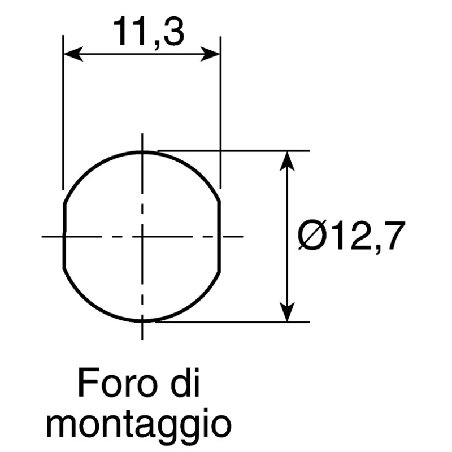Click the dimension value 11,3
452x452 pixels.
[149, 32]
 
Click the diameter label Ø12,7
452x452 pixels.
[351, 236]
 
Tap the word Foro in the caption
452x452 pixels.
[119, 383]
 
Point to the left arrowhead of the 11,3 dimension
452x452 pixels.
[73, 54]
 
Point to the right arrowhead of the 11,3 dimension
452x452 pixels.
[210, 54]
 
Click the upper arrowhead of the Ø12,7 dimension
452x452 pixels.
[287, 161]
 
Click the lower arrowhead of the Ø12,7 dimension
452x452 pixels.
[287, 312]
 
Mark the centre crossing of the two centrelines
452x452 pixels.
[142, 237]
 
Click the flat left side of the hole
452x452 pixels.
[64, 236]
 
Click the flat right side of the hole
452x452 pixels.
[220, 236]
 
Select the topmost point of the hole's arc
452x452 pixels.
[142, 151]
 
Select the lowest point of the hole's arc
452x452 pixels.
[142, 321]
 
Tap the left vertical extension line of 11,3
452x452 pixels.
[63, 112]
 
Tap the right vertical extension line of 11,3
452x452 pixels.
[220, 112]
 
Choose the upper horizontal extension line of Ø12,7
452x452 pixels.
[234, 151]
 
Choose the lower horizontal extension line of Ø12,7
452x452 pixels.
[233, 322]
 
